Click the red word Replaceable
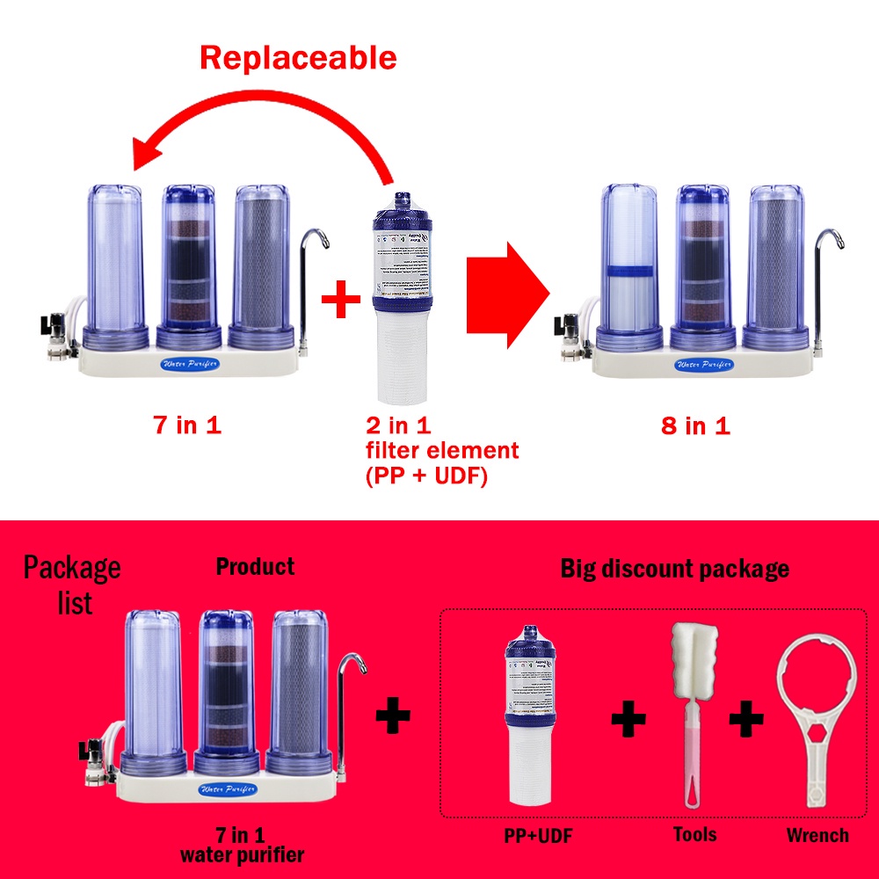298,58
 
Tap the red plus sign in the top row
341,301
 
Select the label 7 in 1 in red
187,426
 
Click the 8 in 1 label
695,426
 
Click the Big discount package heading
674,569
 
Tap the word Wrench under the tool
817,835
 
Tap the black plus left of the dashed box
393,716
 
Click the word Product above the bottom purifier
255,567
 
